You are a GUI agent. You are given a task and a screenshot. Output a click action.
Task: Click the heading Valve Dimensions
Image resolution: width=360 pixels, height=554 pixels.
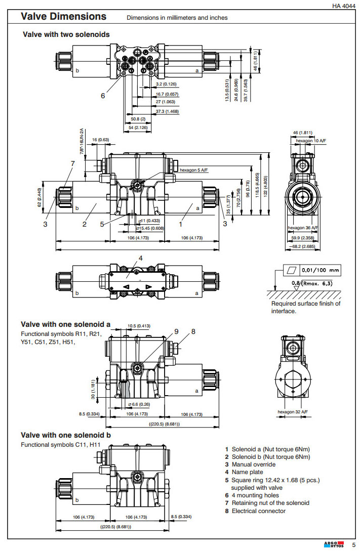pyautogui.click(x=63, y=17)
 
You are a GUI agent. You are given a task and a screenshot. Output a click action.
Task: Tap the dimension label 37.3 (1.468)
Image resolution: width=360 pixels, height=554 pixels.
pyautogui.click(x=167, y=111)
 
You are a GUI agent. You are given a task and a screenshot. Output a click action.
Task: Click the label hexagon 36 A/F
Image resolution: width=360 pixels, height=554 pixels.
pyautogui.click(x=303, y=228)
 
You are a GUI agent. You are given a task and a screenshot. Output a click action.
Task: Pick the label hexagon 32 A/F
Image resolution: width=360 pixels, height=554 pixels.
pyautogui.click(x=293, y=412)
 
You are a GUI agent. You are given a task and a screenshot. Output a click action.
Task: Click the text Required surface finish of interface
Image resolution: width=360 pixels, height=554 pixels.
pyautogui.click(x=305, y=307)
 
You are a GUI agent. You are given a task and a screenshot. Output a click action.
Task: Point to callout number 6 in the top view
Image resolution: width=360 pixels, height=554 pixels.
pyautogui.click(x=103, y=95)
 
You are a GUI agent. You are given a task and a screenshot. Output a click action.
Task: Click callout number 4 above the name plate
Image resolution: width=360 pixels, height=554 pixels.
pyautogui.click(x=141, y=258)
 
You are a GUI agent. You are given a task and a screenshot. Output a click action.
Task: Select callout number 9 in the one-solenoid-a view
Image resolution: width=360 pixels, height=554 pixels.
pyautogui.click(x=176, y=331)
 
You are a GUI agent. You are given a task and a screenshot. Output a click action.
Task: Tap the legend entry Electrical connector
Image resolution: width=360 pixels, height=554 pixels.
pyautogui.click(x=258, y=511)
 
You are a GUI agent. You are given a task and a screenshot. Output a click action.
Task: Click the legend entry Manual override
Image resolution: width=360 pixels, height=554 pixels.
pyautogui.click(x=254, y=464)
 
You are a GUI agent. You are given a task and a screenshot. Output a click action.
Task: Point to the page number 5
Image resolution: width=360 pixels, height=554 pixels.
pyautogui.click(x=354, y=544)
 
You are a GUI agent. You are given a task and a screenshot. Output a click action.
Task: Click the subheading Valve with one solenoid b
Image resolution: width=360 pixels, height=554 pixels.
pyautogui.click(x=66, y=435)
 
